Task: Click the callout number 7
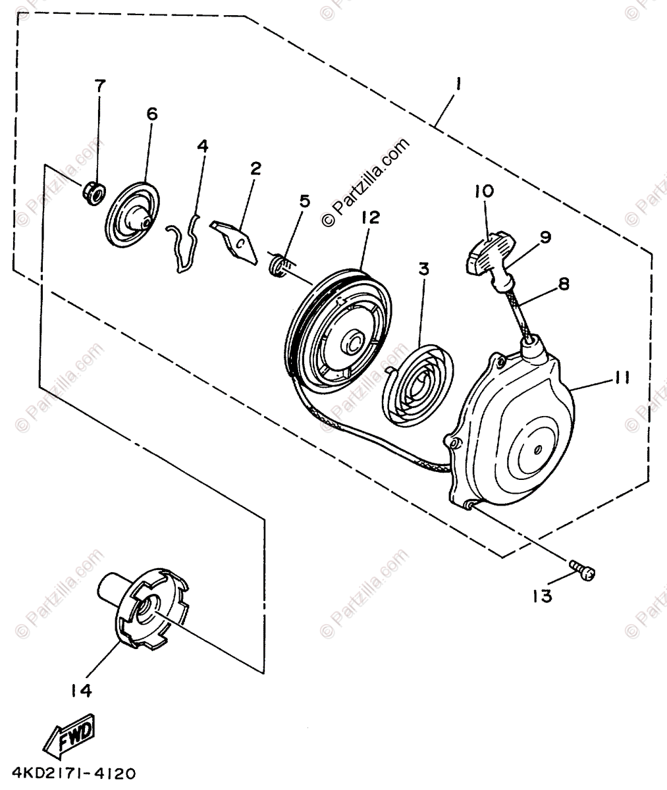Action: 99,86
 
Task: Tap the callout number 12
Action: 370,217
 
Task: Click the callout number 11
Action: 622,378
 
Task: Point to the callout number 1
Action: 460,84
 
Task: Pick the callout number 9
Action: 547,237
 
